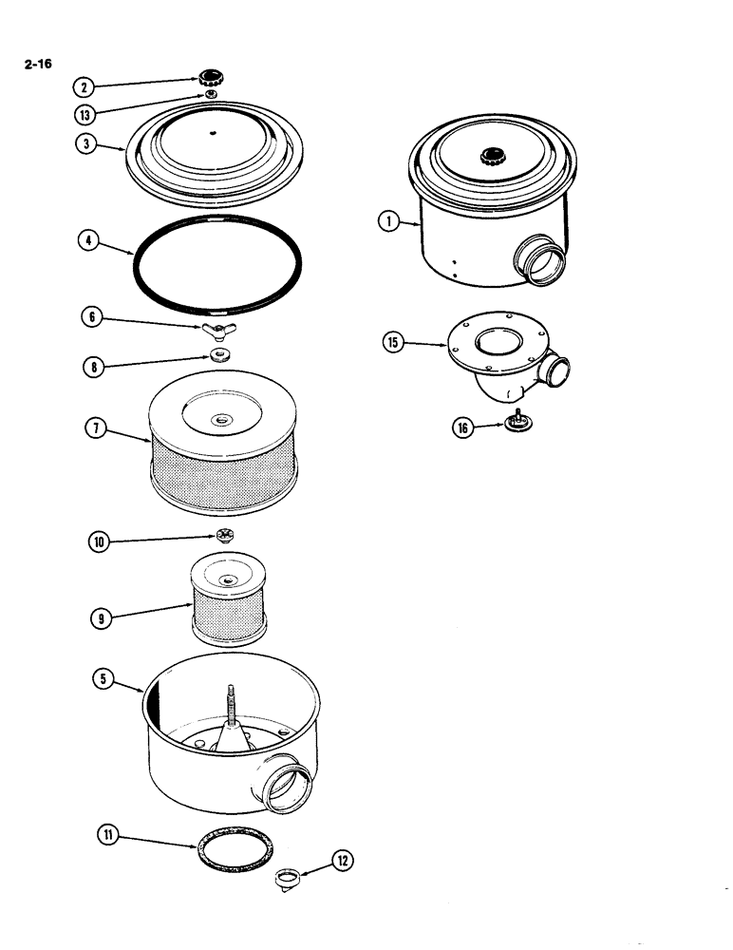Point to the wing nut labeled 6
click(216, 330)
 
